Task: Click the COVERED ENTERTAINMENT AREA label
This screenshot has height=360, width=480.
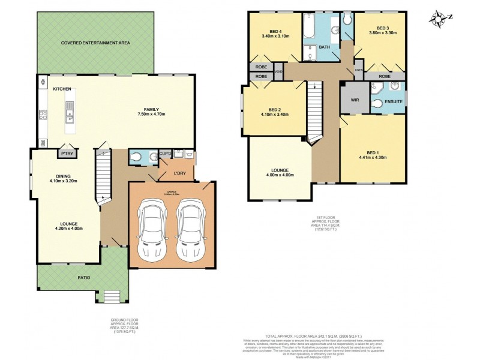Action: [x=95, y=43]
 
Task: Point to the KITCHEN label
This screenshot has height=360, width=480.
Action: [x=62, y=89]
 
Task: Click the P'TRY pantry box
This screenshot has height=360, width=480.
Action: [x=65, y=154]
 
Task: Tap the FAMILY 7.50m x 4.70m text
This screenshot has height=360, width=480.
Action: [x=151, y=112]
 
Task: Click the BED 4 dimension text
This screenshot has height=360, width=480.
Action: [x=275, y=36]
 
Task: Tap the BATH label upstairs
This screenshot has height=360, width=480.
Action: [x=324, y=47]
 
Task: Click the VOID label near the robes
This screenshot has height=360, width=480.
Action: [x=278, y=72]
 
